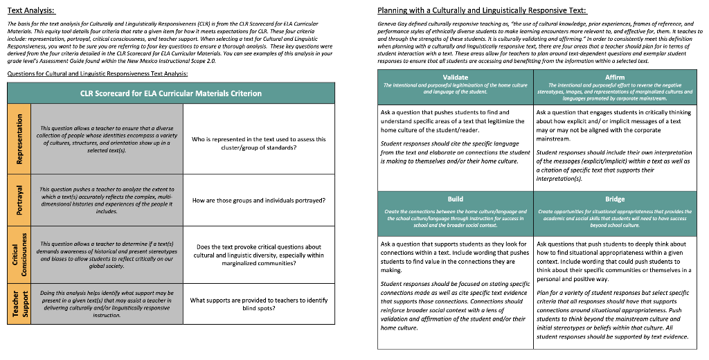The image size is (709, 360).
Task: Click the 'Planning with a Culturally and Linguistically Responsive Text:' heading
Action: coord(482,10)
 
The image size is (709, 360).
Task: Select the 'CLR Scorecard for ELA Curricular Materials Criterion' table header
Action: coord(171,93)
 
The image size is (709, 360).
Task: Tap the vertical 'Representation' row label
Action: coord(19,138)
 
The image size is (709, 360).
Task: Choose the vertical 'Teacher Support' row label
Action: coord(19,304)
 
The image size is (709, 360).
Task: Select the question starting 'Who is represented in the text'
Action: coord(258,143)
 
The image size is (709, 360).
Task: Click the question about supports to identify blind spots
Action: coord(258,304)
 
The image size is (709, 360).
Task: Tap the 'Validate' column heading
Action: coord(455,77)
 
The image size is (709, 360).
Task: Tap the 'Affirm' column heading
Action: coord(614,77)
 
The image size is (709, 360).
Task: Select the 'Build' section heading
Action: coord(455,199)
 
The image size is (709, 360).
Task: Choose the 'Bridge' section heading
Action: coord(614,199)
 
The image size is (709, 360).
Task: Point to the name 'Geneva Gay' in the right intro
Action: coord(392,24)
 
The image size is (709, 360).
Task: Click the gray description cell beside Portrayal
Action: coord(107,200)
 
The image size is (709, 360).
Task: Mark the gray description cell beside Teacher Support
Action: coord(107,304)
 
